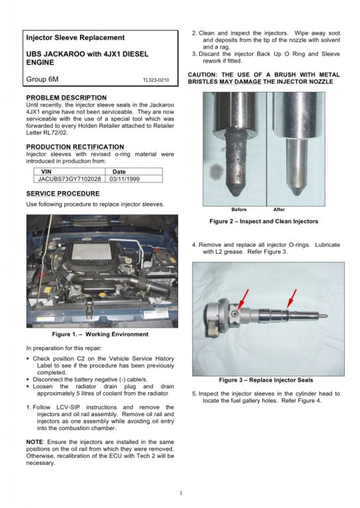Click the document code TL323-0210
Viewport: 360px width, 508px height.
[156, 80]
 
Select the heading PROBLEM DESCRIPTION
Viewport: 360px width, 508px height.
[66, 97]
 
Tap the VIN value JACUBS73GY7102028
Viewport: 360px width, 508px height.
[69, 179]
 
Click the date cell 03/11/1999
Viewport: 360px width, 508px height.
[125, 179]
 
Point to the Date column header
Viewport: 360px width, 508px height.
[119, 172]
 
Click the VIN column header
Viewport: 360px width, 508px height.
[46, 172]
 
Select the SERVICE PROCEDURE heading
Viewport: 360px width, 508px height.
[63, 193]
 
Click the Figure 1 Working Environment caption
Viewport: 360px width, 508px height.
[100, 334]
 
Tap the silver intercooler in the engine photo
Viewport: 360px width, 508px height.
[93, 251]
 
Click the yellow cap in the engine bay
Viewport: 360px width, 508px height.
[104, 296]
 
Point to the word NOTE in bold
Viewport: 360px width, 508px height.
[34, 442]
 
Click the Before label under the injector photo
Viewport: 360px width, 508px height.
[239, 210]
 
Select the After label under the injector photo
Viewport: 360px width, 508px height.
[279, 210]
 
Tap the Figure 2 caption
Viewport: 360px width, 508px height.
[264, 222]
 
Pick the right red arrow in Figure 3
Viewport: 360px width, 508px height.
[292, 298]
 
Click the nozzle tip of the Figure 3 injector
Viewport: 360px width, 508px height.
[326, 315]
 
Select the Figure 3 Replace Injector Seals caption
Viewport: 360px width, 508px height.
[266, 380]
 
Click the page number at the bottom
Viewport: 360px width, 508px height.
[181, 493]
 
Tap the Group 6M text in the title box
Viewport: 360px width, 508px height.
[42, 79]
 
